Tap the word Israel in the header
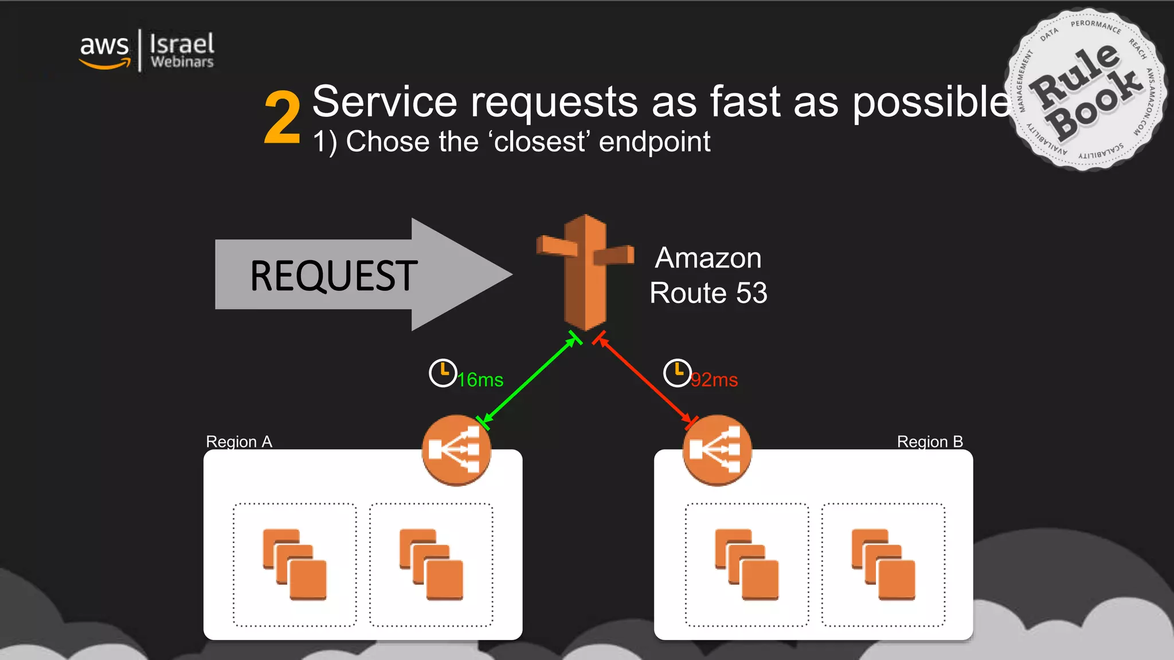pos(182,44)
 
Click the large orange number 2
pos(282,118)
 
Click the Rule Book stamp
pos(1085,90)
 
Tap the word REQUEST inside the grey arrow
pos(334,276)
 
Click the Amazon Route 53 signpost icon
pos(585,272)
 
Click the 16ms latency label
pos(480,380)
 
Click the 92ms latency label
pos(714,380)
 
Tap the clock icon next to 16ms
pos(443,373)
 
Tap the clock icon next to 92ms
pos(677,373)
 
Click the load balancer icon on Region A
pos(456,450)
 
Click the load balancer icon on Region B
pos(717,450)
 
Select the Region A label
pos(239,442)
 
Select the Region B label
pos(929,442)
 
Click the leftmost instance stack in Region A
pos(295,565)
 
